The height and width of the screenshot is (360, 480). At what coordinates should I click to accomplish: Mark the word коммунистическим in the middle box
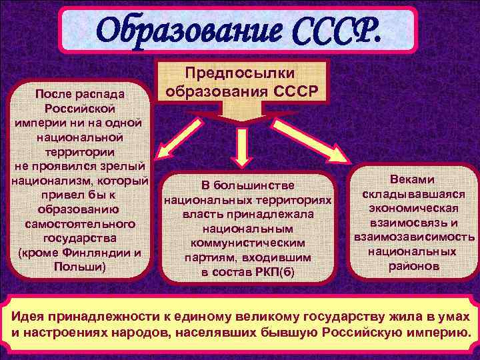click(247, 243)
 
